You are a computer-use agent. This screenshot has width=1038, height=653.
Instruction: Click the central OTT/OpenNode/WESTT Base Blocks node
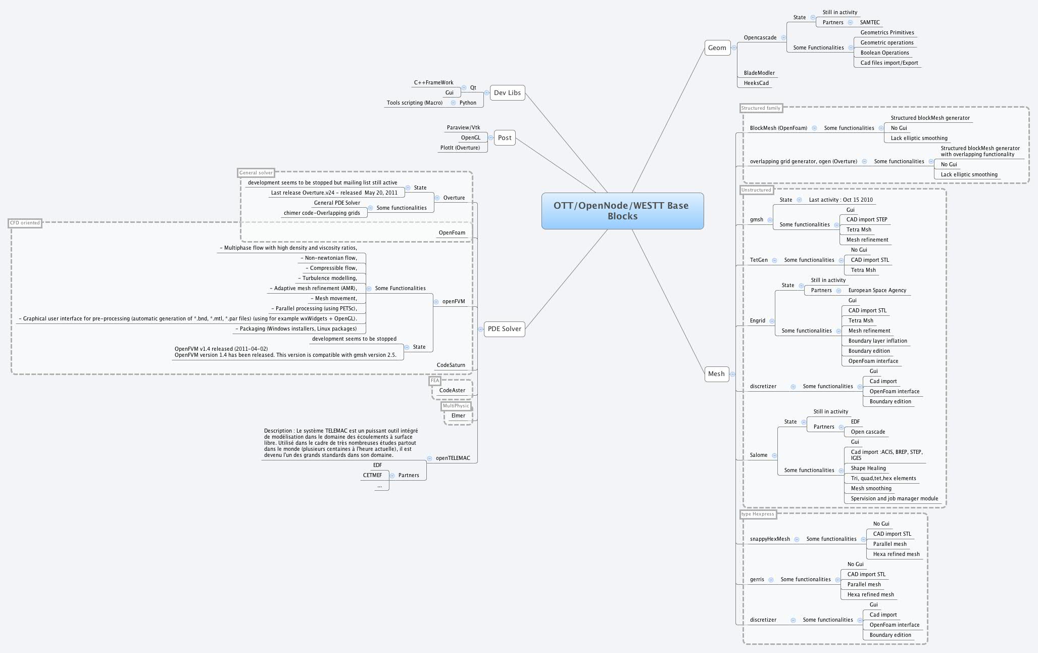[x=622, y=211]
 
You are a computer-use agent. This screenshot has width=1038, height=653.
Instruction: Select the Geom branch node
[x=717, y=48]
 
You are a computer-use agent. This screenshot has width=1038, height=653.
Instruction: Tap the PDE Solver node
[x=504, y=329]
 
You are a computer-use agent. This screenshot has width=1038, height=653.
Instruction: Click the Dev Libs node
[x=507, y=92]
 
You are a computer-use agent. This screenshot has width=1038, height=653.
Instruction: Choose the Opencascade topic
[x=760, y=38]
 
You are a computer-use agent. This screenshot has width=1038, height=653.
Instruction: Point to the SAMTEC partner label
[x=869, y=23]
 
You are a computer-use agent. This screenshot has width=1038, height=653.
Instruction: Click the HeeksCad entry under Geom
[x=756, y=83]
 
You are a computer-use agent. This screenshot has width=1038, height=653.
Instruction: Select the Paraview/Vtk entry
[x=463, y=128]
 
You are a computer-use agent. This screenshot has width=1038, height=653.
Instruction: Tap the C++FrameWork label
[x=433, y=82]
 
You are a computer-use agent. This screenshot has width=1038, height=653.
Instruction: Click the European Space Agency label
[x=877, y=291]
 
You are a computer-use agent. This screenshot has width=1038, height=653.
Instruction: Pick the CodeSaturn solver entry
[x=451, y=365]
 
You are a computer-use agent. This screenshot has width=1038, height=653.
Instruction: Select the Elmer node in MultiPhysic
[x=458, y=415]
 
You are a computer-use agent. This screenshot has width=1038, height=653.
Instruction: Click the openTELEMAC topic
[x=453, y=458]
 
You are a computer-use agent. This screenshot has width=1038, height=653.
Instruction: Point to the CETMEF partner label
[x=372, y=476]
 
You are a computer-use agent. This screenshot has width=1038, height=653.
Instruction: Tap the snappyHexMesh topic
[x=769, y=539]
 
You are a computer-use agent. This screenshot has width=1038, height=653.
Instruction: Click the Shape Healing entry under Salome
[x=868, y=469]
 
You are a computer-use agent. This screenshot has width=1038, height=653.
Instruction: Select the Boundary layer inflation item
[x=877, y=341]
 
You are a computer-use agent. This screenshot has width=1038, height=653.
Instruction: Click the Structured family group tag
[x=760, y=108]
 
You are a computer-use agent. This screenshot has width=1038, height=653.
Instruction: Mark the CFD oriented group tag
[x=25, y=223]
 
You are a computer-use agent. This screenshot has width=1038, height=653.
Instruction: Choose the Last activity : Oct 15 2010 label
[x=841, y=200]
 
